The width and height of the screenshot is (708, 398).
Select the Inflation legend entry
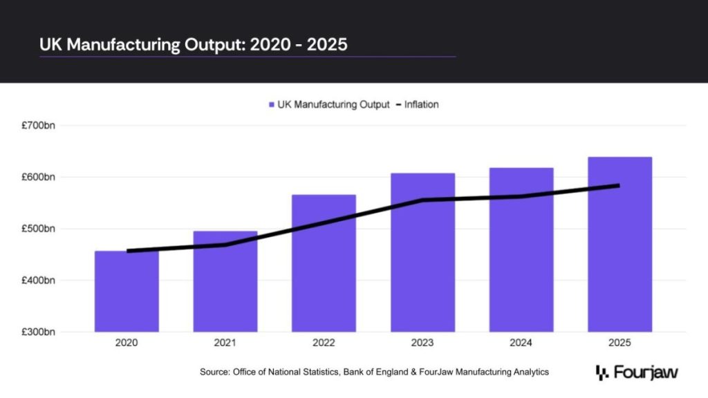[421, 105]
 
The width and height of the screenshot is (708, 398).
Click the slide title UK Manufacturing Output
[194, 44]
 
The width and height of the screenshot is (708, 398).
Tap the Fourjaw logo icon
[601, 372]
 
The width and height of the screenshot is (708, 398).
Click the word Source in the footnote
[214, 372]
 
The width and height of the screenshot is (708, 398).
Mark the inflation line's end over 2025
[618, 185]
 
